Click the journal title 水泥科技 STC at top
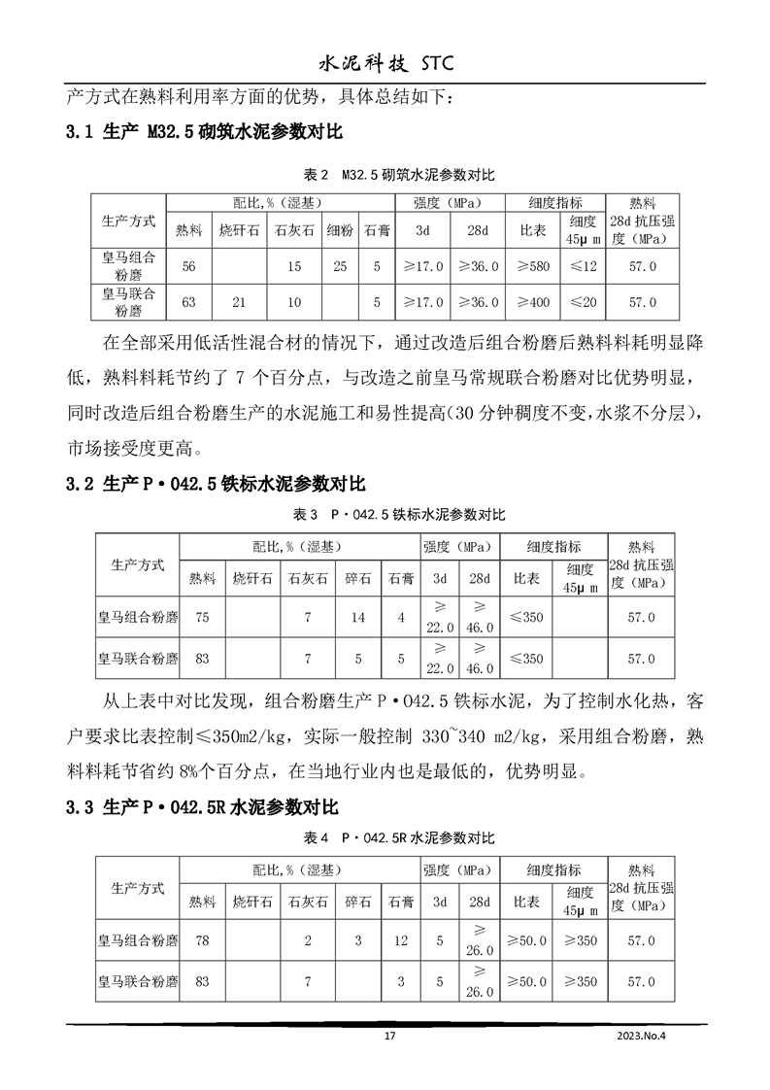tap(385, 63)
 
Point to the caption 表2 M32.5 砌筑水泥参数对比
tap(399, 176)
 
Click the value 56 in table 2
tap(189, 265)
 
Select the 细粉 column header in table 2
tap(340, 230)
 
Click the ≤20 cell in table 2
tap(584, 302)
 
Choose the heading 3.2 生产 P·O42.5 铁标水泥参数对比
tap(216, 483)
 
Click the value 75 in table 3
tap(203, 617)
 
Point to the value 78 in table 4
tap(203, 940)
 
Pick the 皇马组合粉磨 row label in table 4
tap(137, 940)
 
